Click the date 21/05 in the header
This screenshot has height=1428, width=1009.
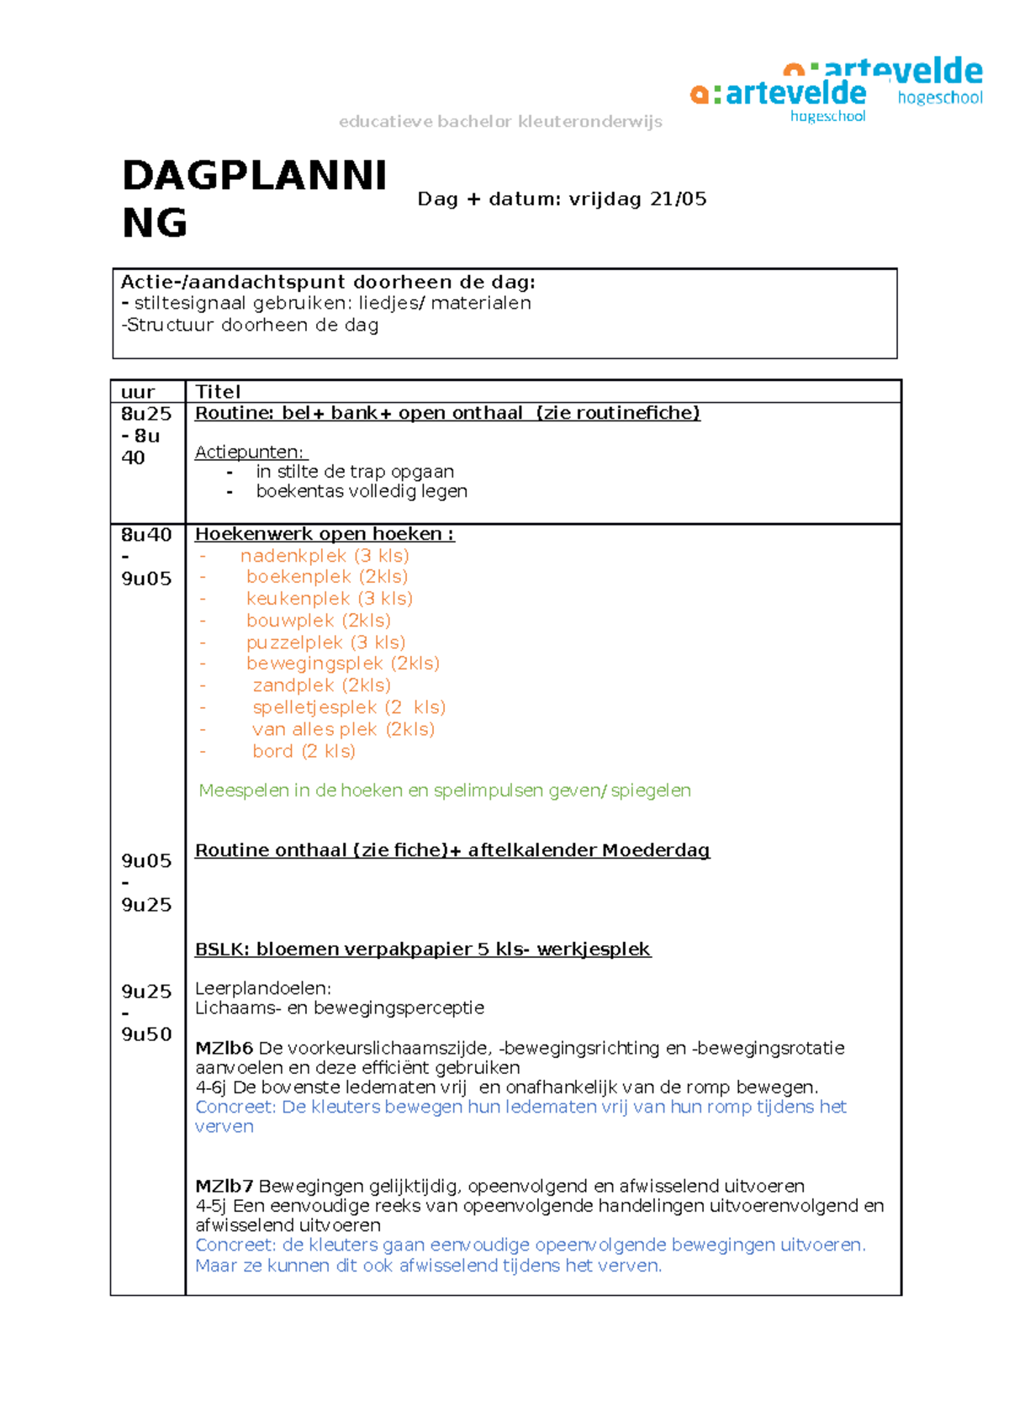tap(679, 199)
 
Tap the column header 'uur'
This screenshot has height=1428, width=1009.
tap(137, 392)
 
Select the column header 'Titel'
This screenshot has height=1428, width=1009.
tap(218, 392)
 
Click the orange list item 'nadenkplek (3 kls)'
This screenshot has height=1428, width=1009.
tap(325, 556)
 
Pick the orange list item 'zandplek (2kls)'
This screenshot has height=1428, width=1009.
tap(321, 685)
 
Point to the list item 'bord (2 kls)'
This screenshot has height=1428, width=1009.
tap(304, 751)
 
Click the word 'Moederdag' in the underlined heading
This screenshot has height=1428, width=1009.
tap(656, 850)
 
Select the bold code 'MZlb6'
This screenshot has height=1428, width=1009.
tap(224, 1049)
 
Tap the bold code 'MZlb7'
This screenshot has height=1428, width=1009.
tap(224, 1187)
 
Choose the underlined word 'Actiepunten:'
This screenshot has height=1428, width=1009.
tap(250, 452)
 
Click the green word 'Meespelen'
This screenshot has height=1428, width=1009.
tap(243, 791)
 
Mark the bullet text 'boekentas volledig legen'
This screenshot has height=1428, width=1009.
tap(362, 491)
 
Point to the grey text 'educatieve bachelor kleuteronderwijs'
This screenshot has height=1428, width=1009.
tap(500, 122)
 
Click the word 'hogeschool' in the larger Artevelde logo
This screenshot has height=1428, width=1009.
tap(939, 98)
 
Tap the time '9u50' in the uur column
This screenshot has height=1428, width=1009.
tap(146, 1034)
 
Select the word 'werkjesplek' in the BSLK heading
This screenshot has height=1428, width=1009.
tap(594, 949)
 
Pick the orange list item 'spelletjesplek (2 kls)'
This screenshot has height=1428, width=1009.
tap(349, 707)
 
